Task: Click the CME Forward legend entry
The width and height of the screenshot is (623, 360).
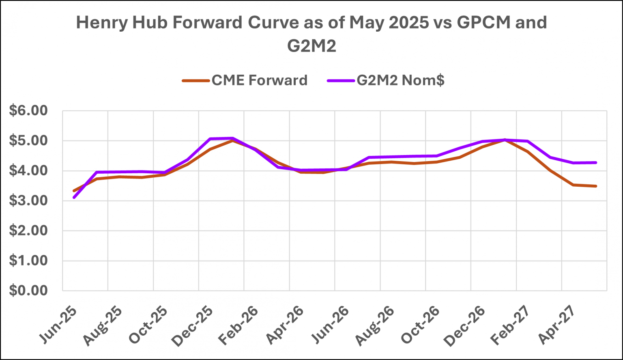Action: pos(259,80)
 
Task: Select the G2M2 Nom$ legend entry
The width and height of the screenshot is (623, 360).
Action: pos(400,80)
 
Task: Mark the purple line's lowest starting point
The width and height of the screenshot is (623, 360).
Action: pos(74,198)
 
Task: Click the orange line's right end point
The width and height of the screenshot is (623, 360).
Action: pos(596,186)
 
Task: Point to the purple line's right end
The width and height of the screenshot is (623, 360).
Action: pos(596,162)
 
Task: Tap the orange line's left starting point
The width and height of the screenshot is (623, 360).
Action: pos(74,191)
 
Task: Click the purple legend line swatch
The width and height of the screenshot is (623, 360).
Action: pos(340,80)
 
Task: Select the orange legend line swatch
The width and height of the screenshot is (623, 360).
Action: pos(195,80)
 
